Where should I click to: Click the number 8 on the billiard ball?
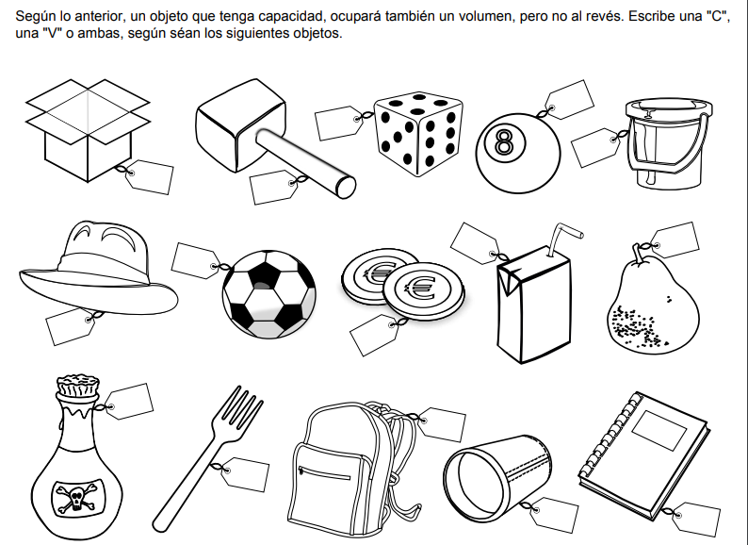504,142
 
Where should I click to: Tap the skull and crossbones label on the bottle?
76,498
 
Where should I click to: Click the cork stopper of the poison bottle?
78,386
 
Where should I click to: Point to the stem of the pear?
639,253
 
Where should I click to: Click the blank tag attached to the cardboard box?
149,176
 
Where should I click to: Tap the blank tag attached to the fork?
244,474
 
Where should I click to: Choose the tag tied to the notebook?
695,519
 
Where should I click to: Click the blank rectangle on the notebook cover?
659,430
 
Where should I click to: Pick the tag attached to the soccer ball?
196,260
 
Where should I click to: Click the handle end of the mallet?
346,188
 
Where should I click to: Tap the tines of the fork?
242,406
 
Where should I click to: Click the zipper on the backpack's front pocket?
323,473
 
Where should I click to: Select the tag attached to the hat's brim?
71,326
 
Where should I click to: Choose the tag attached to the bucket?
595,148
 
